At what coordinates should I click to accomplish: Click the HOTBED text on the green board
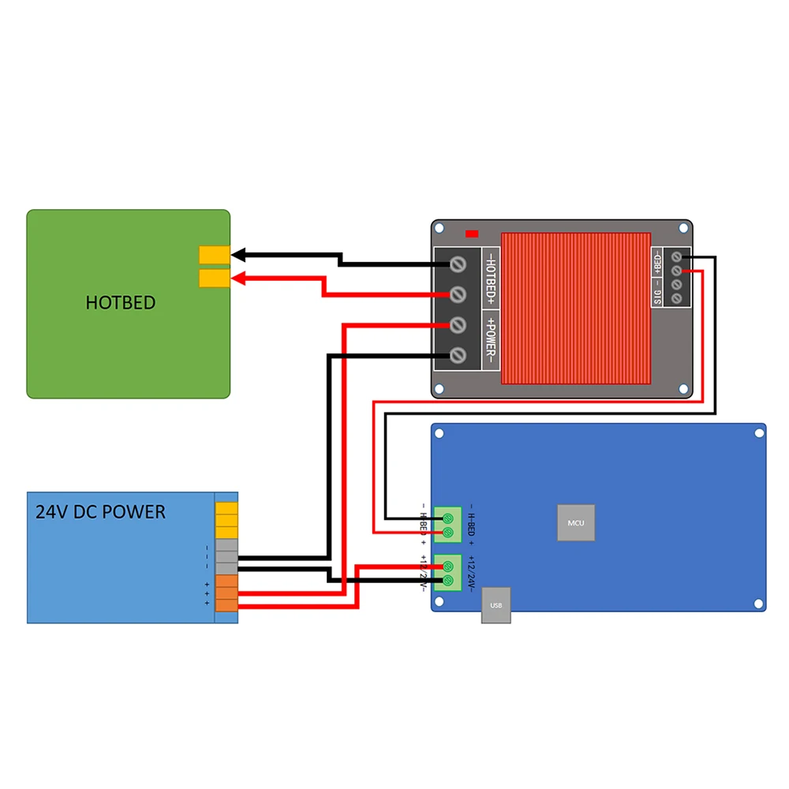pyautogui.click(x=121, y=302)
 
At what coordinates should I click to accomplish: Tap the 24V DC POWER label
pyautogui.click(x=101, y=512)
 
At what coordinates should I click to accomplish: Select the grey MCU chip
pyautogui.click(x=576, y=522)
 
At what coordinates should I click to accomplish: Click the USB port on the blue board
pyautogui.click(x=496, y=605)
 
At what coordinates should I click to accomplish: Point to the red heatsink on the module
pyautogui.click(x=576, y=308)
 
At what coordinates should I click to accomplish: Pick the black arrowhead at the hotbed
pyautogui.click(x=238, y=254)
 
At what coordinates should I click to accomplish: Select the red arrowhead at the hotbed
pyautogui.click(x=238, y=278)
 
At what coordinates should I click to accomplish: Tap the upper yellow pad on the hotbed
pyautogui.click(x=214, y=254)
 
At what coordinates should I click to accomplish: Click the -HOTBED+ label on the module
pyautogui.click(x=490, y=279)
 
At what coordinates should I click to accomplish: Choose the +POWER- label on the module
pyautogui.click(x=490, y=339)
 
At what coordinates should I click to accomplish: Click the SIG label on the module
pyautogui.click(x=658, y=297)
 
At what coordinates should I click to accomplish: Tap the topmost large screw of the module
pyautogui.click(x=457, y=263)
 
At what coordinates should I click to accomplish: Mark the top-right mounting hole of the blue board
pyautogui.click(x=759, y=432)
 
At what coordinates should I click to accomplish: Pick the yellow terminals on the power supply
pyautogui.click(x=226, y=520)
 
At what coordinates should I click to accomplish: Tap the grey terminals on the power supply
pyautogui.click(x=226, y=556)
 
